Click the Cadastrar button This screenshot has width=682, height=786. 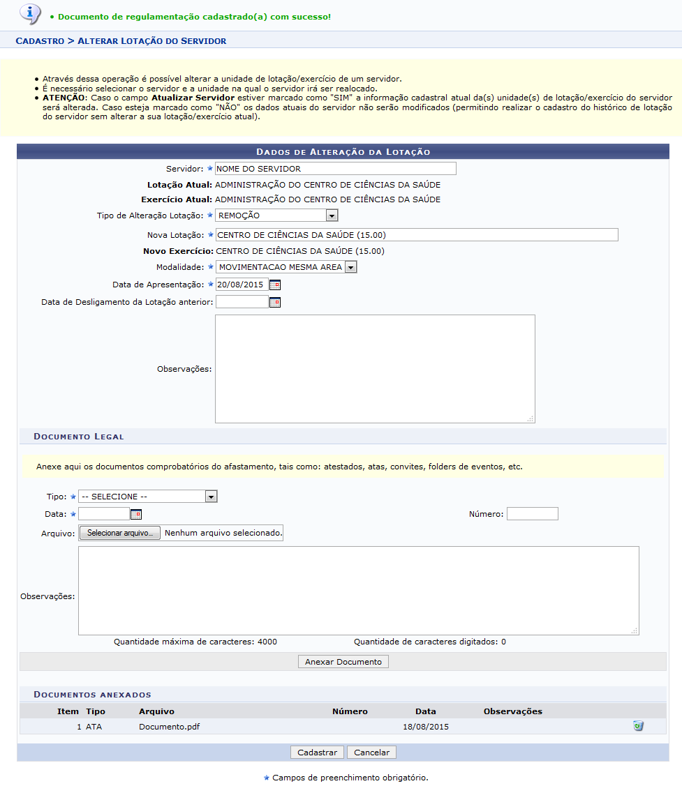pos(317,753)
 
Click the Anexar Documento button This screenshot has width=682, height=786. pos(343,662)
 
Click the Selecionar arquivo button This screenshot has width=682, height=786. pos(120,533)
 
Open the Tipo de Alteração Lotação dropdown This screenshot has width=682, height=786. pos(276,216)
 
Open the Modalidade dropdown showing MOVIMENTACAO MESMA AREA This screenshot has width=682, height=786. pos(286,266)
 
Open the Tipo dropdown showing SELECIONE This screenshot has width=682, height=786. pos(148,497)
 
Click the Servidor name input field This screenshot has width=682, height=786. pos(335,168)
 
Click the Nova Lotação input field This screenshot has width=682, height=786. pos(417,235)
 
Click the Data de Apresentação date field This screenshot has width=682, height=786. pos(242,285)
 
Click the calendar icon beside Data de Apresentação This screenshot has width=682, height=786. pos(275,285)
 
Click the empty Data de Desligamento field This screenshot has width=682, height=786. pos(242,302)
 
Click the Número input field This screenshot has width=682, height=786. pos(532,514)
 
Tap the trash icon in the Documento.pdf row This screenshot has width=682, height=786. pos(637,726)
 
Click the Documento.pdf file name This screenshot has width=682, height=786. pos(164,727)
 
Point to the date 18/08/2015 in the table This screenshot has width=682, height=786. pos(426,727)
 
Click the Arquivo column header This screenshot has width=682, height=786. pos(156,711)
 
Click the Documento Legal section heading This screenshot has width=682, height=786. pos(79,437)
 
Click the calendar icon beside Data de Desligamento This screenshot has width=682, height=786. pos(275,302)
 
